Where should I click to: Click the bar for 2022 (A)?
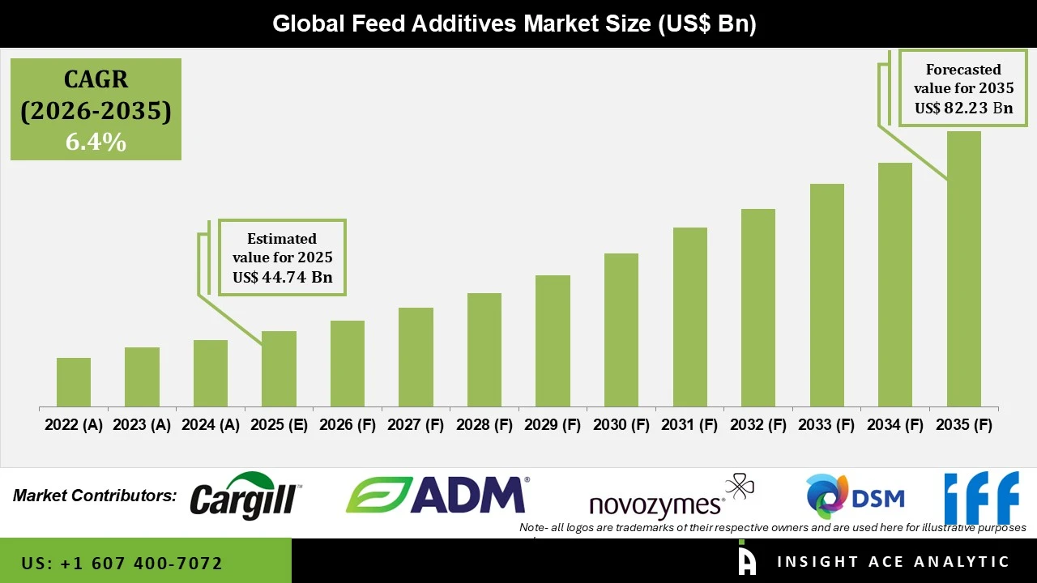click(74, 382)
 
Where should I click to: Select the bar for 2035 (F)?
click(963, 269)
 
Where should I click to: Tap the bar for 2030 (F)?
click(621, 330)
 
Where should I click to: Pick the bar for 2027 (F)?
click(416, 357)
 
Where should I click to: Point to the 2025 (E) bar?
click(279, 368)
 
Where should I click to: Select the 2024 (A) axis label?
click(211, 425)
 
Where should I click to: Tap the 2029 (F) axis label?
click(553, 425)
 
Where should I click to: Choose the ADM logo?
click(437, 495)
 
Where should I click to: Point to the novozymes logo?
click(671, 499)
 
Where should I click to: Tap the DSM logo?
click(855, 496)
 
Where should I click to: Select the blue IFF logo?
click(981, 497)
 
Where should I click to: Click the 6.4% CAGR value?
click(96, 143)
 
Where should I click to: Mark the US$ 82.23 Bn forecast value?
click(963, 108)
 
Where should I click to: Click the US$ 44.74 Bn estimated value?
click(282, 277)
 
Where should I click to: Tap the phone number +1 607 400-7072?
click(122, 563)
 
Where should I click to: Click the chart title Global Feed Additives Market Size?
click(514, 23)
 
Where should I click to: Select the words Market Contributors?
click(95, 496)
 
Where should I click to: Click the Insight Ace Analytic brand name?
click(893, 562)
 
